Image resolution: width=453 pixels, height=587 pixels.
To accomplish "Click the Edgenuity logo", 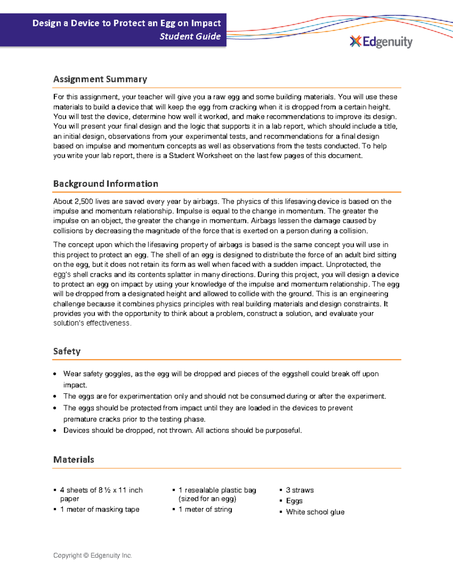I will [x=381, y=42].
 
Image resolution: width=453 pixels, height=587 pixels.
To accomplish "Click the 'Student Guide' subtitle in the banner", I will [x=190, y=36].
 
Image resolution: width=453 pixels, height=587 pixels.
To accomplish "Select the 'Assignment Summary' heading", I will [x=100, y=79].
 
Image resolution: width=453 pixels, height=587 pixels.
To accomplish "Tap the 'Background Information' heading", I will [x=106, y=184].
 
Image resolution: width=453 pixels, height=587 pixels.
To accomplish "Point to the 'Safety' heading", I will [x=67, y=351].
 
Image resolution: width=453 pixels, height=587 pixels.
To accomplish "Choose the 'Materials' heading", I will [x=74, y=460].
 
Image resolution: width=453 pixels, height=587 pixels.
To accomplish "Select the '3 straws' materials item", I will [x=300, y=490].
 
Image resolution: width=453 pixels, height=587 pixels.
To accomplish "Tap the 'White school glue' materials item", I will [x=315, y=512].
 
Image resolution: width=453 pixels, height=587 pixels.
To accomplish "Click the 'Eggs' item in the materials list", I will [x=294, y=501].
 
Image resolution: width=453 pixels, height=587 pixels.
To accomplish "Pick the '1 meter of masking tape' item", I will [x=100, y=510].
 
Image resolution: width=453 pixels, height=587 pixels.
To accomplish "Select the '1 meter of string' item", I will [x=205, y=510].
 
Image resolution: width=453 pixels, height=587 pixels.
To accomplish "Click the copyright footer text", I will [x=92, y=555].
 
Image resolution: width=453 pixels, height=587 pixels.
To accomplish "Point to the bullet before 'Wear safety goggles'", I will [x=55, y=374].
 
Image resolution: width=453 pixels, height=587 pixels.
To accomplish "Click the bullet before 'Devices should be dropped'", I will [x=55, y=431].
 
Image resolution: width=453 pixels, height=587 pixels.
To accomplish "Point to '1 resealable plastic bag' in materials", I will [x=217, y=490].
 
